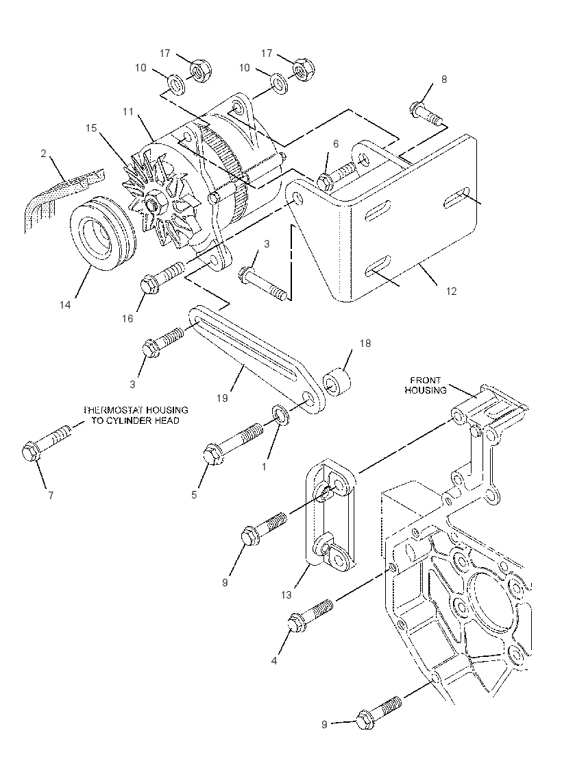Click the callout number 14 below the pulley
65,304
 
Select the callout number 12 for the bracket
451,291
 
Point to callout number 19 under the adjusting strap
222,398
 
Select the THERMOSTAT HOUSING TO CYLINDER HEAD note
136,415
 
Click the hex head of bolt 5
212,454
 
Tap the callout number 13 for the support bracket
286,595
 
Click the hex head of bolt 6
326,181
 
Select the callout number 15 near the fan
92,128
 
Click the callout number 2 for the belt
43,154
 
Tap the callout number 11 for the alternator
127,112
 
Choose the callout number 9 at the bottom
324,724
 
